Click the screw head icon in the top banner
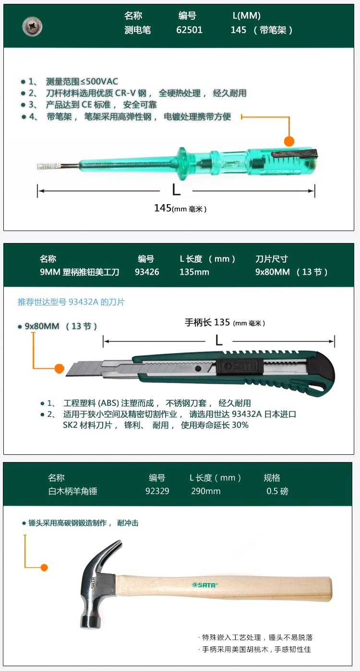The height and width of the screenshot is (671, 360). pyautogui.click(x=32, y=27)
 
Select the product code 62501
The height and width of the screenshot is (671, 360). pyautogui.click(x=189, y=30)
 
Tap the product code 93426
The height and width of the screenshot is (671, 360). pyautogui.click(x=146, y=272)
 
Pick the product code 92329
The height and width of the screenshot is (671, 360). pyautogui.click(x=157, y=491)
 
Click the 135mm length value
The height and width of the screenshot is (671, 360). pyautogui.click(x=194, y=272)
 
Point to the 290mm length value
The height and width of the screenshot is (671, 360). pyautogui.click(x=206, y=491)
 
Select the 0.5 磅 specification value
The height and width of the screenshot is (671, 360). pyautogui.click(x=277, y=491)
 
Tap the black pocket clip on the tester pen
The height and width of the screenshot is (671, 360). pyautogui.click(x=294, y=153)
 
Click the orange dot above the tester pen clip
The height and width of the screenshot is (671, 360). pyautogui.click(x=289, y=141)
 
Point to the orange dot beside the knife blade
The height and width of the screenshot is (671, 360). pyautogui.click(x=59, y=369)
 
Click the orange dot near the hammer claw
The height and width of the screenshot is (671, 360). pyautogui.click(x=44, y=567)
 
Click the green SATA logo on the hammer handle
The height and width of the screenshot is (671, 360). pyautogui.click(x=204, y=585)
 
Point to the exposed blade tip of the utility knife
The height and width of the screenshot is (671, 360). pyautogui.click(x=71, y=369)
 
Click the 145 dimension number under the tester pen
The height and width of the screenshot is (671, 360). pyautogui.click(x=163, y=208)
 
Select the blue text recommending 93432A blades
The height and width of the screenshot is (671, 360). pyautogui.click(x=71, y=302)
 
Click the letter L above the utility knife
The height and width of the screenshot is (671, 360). pyautogui.click(x=219, y=340)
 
